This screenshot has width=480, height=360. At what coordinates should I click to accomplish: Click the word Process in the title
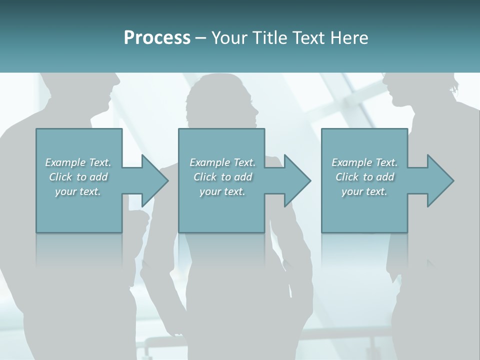(157, 38)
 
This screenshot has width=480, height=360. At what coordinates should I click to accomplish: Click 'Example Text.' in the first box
(78, 162)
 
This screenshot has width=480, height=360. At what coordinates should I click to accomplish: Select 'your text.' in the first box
(78, 191)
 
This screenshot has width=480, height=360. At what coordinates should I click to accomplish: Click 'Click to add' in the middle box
(222, 177)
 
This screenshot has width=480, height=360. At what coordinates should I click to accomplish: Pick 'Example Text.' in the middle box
(222, 162)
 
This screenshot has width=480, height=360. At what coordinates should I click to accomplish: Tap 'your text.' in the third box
(364, 191)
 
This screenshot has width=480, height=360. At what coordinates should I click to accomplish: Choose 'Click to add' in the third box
(364, 177)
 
